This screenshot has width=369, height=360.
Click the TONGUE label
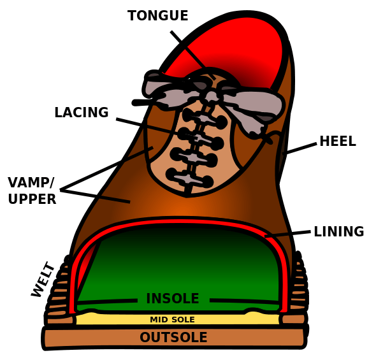tap(157, 15)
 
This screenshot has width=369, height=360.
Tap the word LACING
tap(82, 112)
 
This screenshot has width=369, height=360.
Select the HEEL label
tap(338, 141)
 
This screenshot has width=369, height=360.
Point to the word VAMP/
tap(31, 183)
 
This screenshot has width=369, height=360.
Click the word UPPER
tap(32, 199)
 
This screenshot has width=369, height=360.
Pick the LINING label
tap(339, 231)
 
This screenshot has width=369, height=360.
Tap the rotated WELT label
tap(43, 279)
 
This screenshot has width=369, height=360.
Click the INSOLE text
tap(173, 299)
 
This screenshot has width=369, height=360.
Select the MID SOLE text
tap(172, 319)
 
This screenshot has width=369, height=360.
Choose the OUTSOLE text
tap(173, 337)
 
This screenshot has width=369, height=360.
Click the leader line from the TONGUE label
tap(192, 55)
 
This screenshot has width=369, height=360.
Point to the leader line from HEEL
tap(300, 148)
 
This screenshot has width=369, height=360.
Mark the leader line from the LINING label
tap(287, 234)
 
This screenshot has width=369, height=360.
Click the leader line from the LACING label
tap(157, 127)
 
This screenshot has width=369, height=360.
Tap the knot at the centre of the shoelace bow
tap(212, 96)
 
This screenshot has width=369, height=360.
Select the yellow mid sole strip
tap(178, 319)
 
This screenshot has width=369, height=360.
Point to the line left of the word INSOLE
tap(107, 301)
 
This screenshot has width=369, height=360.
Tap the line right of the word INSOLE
tap(244, 301)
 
